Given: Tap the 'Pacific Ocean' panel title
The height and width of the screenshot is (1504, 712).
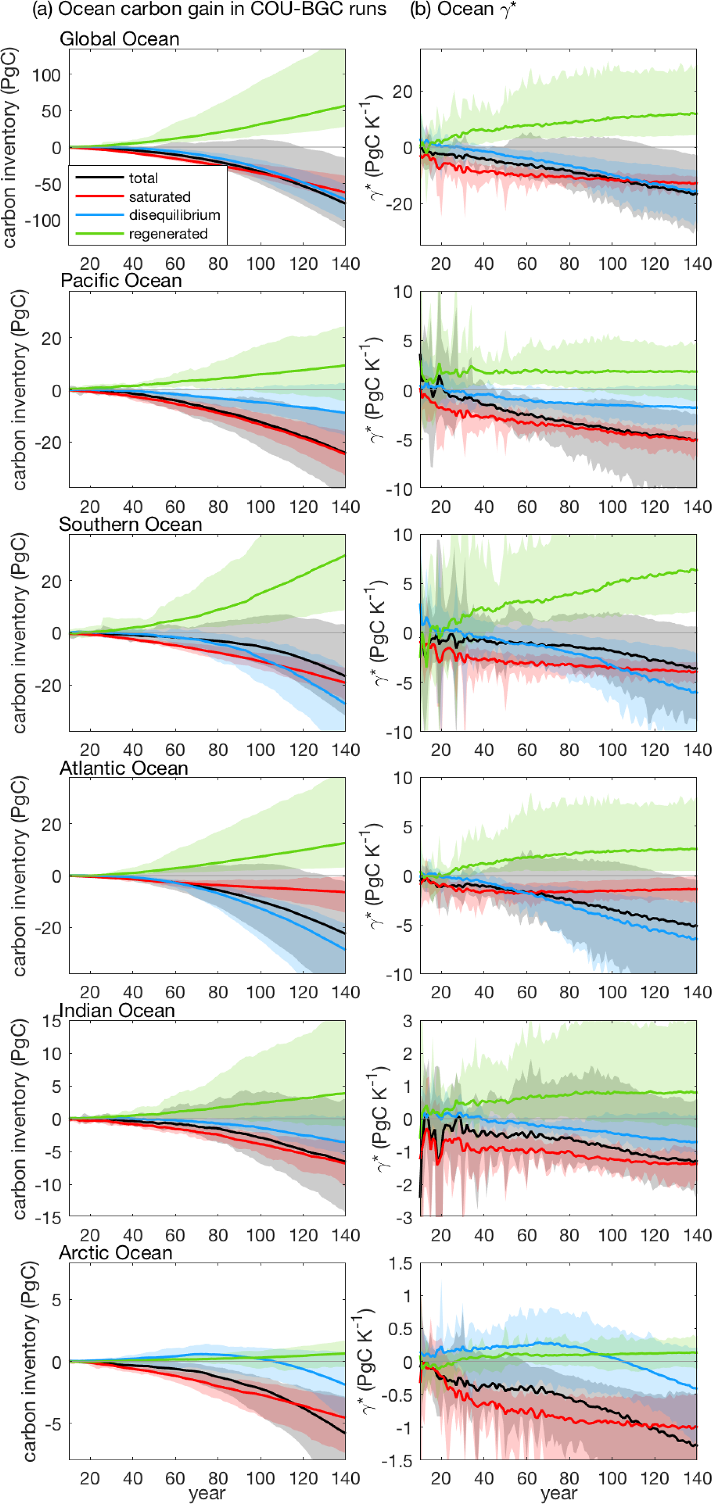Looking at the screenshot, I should click(x=121, y=281).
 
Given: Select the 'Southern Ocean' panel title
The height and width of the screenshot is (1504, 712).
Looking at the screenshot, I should click(x=130, y=524).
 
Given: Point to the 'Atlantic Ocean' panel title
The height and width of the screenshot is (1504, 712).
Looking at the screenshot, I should click(x=123, y=768).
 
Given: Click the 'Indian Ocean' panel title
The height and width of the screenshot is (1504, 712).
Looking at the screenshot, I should click(x=117, y=1011).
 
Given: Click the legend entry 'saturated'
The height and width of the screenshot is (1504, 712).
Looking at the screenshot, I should click(x=159, y=197).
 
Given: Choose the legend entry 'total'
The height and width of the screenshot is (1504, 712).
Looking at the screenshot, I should click(x=143, y=178).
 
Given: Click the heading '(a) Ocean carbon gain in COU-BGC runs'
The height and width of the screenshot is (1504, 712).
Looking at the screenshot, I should click(x=209, y=9).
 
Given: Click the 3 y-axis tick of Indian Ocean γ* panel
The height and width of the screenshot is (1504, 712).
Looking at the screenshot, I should click(x=407, y=1021).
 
